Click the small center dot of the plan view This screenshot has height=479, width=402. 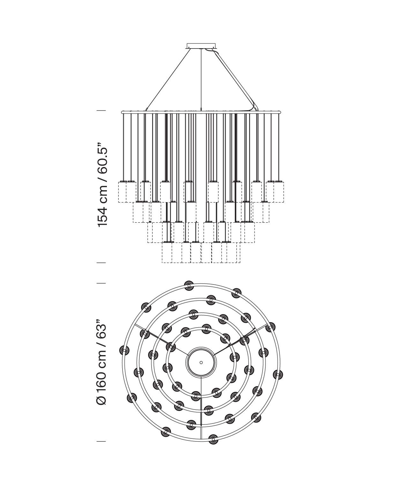tap(201, 362)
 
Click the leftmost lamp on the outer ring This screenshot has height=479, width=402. tap(124, 351)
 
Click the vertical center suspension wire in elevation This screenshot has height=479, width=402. tap(201, 80)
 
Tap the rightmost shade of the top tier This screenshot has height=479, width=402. tap(279, 192)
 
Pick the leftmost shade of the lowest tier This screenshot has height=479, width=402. tap(167, 252)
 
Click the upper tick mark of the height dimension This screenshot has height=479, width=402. tap(101, 110)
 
